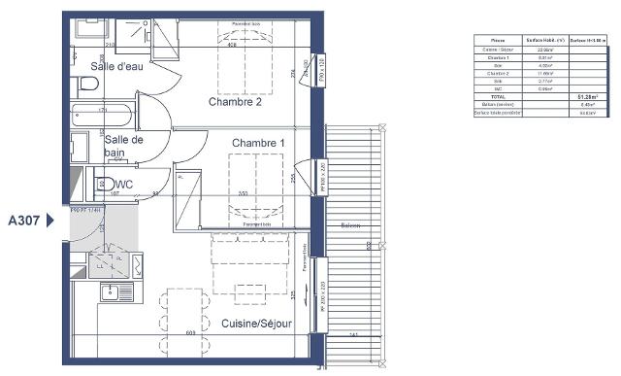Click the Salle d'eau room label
click(x=115, y=65)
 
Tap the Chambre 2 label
click(x=235, y=101)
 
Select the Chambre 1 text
click(x=258, y=143)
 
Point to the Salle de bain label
click(x=124, y=146)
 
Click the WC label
click(x=124, y=184)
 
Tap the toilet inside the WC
click(x=98, y=183)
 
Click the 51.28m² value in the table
click(x=587, y=98)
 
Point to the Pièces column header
click(x=496, y=40)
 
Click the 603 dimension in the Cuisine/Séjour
click(x=191, y=333)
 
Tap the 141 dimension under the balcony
click(x=353, y=335)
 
